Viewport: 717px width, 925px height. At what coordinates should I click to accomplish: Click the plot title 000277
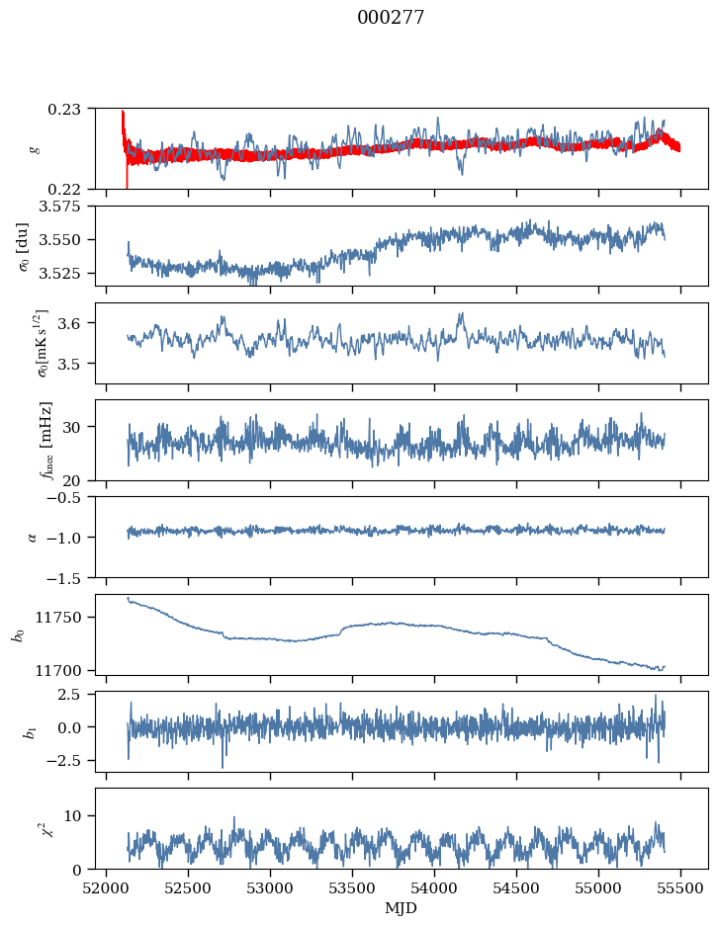391,17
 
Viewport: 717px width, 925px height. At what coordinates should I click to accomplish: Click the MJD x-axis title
401,908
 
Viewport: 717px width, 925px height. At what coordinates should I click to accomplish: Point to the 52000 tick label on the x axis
106,888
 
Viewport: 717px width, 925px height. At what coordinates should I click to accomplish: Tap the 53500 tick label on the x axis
352,888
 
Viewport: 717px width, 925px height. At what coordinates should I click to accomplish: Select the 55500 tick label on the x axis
680,888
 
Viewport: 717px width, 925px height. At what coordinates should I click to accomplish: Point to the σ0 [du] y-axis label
23,247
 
